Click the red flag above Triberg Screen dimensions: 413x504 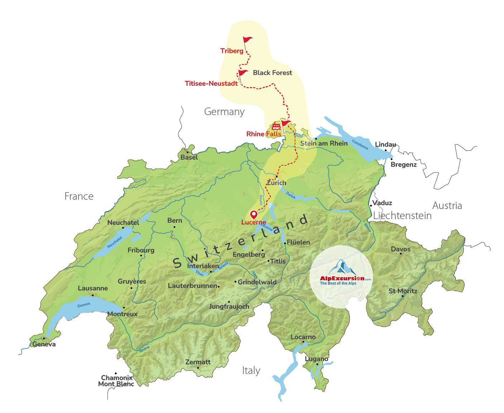pyautogui.click(x=247, y=41)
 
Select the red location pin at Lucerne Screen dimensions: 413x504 pyautogui.click(x=254, y=215)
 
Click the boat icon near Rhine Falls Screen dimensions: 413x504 pyautogui.click(x=276, y=127)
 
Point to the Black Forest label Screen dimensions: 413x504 pyautogui.click(x=272, y=73)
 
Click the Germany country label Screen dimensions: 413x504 pyautogui.click(x=224, y=112)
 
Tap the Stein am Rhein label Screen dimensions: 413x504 pyautogui.click(x=324, y=143)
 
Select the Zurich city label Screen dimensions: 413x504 pyautogui.click(x=277, y=183)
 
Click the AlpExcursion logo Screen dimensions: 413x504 pyautogui.click(x=341, y=276)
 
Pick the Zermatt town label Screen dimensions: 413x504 pyautogui.click(x=198, y=362)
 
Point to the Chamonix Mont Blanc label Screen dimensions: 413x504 pyautogui.click(x=117, y=381)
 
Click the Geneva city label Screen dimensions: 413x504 pyautogui.click(x=44, y=345)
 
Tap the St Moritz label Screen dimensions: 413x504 pyautogui.click(x=403, y=291)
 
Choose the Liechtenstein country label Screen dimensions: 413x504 pyautogui.click(x=402, y=215)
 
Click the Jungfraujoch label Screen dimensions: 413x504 pyautogui.click(x=229, y=307)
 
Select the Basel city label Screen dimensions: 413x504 pyautogui.click(x=189, y=157)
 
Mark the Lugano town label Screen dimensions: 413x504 pyautogui.click(x=317, y=359)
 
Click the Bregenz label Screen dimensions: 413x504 pyautogui.click(x=404, y=165)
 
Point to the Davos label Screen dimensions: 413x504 pyautogui.click(x=401, y=249)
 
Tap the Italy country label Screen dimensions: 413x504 pyautogui.click(x=251, y=371)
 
